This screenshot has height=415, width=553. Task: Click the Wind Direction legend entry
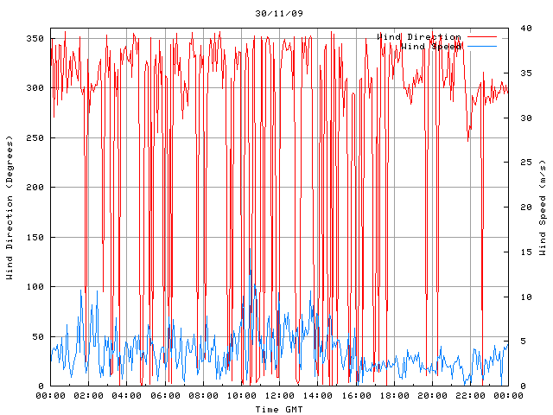point(419,37)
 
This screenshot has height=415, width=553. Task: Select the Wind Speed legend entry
point(431,47)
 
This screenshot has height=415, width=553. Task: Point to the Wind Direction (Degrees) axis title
point(10,207)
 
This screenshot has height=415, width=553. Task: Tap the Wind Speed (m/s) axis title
point(543,207)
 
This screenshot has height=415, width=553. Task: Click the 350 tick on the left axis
point(35,38)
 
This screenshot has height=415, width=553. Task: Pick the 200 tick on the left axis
point(35,188)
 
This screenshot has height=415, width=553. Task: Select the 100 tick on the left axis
point(35,287)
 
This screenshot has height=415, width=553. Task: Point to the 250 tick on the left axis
point(35,137)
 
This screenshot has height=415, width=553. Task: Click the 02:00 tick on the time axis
point(89,395)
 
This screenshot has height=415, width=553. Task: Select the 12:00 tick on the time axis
point(279,395)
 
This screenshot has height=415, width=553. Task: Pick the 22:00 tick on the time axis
point(469,395)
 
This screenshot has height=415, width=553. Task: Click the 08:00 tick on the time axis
point(203,395)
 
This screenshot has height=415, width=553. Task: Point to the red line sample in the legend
point(482,37)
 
